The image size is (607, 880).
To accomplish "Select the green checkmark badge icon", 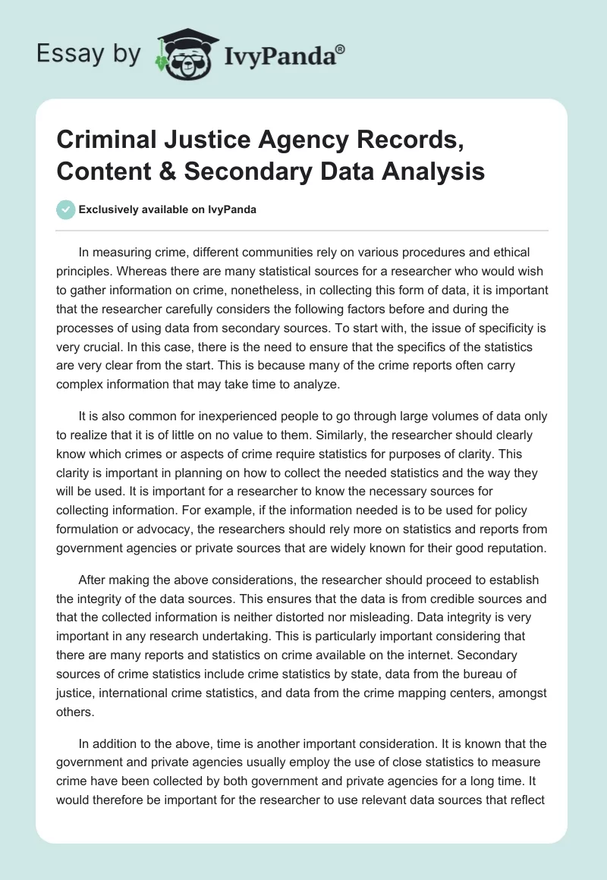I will point(65,210).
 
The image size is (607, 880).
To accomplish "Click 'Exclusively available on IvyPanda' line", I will point(167,210).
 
